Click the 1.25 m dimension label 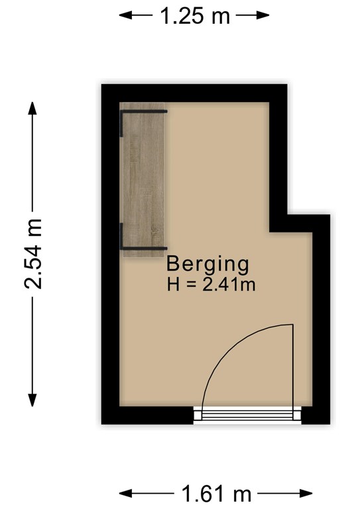pyautogui.click(x=195, y=16)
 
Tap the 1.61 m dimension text pyautogui.click(x=216, y=494)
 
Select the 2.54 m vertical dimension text pyautogui.click(x=32, y=254)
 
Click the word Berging pyautogui.click(x=208, y=264)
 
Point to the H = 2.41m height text pyautogui.click(x=211, y=284)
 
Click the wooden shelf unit pyautogui.click(x=143, y=180)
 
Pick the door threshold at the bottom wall pyautogui.click(x=247, y=415)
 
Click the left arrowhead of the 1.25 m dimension pyautogui.click(x=125, y=15)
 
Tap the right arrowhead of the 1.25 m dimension pyautogui.click(x=263, y=15)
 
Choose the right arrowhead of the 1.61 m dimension pyautogui.click(x=306, y=494)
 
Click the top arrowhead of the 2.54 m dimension pyautogui.click(x=32, y=108)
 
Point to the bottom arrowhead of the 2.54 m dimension pyautogui.click(x=32, y=400)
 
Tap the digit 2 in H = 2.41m pyautogui.click(x=207, y=284)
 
